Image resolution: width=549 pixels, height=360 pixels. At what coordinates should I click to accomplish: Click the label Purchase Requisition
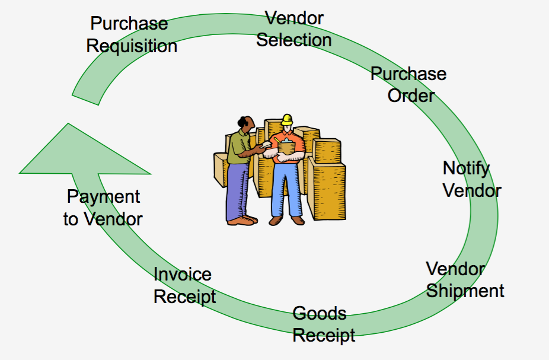(131, 34)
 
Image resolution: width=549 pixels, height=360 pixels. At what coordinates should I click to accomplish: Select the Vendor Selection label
(293, 29)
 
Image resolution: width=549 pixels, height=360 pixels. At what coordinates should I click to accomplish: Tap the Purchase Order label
(409, 84)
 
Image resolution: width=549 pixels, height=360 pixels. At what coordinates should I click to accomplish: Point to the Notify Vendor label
(471, 179)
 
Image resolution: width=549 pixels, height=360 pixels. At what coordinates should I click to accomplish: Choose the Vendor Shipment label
(464, 280)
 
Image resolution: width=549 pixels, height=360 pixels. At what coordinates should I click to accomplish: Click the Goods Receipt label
(324, 324)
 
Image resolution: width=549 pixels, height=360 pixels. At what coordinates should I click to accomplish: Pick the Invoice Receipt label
(184, 285)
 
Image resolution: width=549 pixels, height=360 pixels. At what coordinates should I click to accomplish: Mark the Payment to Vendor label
(103, 208)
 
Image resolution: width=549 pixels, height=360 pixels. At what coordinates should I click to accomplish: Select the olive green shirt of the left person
(240, 148)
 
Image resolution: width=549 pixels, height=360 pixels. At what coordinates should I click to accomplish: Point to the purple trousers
(238, 190)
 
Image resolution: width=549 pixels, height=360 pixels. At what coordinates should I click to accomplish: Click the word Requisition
(132, 46)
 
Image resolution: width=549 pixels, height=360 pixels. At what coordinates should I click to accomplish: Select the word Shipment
(465, 291)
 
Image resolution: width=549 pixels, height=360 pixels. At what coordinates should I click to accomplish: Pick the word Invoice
(183, 275)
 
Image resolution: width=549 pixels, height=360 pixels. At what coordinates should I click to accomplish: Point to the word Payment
(103, 197)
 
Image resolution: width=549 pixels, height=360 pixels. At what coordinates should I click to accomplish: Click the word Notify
(467, 168)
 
